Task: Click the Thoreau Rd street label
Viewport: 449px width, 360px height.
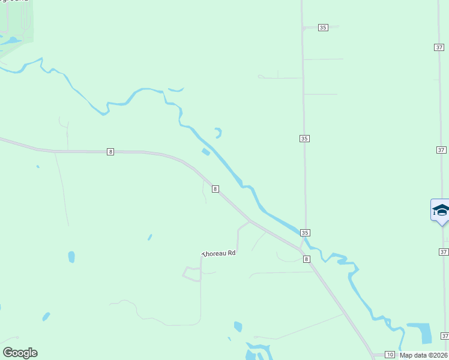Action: coord(218,254)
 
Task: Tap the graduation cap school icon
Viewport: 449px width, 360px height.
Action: coord(441,210)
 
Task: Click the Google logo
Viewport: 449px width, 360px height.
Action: coord(20,353)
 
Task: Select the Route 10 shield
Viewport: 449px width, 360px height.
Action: coord(390,355)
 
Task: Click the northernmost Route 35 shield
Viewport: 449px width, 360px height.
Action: coord(323,28)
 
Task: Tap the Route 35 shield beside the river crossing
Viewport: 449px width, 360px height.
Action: coord(305,233)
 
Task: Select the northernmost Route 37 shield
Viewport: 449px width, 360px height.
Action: coord(438,47)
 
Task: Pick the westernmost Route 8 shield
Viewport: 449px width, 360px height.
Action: coord(110,152)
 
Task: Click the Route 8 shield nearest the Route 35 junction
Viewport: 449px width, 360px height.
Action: coord(307,259)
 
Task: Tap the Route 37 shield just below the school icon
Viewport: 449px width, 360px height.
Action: coord(443,252)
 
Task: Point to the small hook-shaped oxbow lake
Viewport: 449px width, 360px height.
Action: coord(218,133)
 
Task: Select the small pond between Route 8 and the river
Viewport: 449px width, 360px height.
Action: coord(206,152)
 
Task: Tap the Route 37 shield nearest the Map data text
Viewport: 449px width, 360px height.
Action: coord(445,335)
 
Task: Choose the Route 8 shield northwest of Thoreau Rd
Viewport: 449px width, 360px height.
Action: coord(215,188)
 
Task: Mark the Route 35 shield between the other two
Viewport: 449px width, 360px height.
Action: coord(304,139)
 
